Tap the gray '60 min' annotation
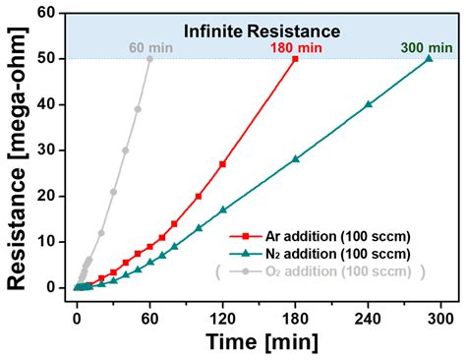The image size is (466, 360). click(148, 47)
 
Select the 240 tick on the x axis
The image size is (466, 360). click(369, 307)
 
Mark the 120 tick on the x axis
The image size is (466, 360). click(223, 307)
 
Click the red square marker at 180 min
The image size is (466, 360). click(295, 59)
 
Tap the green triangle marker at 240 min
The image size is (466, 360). click(369, 104)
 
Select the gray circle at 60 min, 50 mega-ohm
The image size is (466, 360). click(149, 59)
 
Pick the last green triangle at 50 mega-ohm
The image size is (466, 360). click(429, 59)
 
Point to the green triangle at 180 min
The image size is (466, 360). click(295, 158)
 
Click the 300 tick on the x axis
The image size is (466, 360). click(441, 307)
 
